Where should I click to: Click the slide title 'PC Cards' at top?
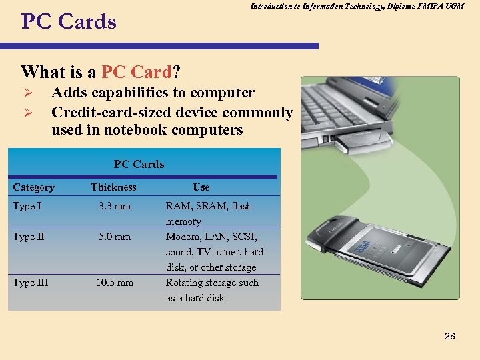(x=69, y=22)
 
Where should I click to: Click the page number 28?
(x=449, y=336)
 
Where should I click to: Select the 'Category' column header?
(x=33, y=187)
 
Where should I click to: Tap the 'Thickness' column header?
(x=113, y=187)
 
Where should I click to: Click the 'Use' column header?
(x=201, y=187)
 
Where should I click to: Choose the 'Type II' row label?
(x=29, y=237)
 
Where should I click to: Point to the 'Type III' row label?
(x=30, y=283)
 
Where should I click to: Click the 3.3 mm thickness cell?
(x=115, y=206)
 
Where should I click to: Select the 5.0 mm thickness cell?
(x=115, y=237)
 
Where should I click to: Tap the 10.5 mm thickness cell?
(x=115, y=283)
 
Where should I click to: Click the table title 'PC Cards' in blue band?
(x=139, y=164)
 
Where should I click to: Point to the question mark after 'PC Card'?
(x=179, y=71)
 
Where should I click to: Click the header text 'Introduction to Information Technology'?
(x=313, y=6)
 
